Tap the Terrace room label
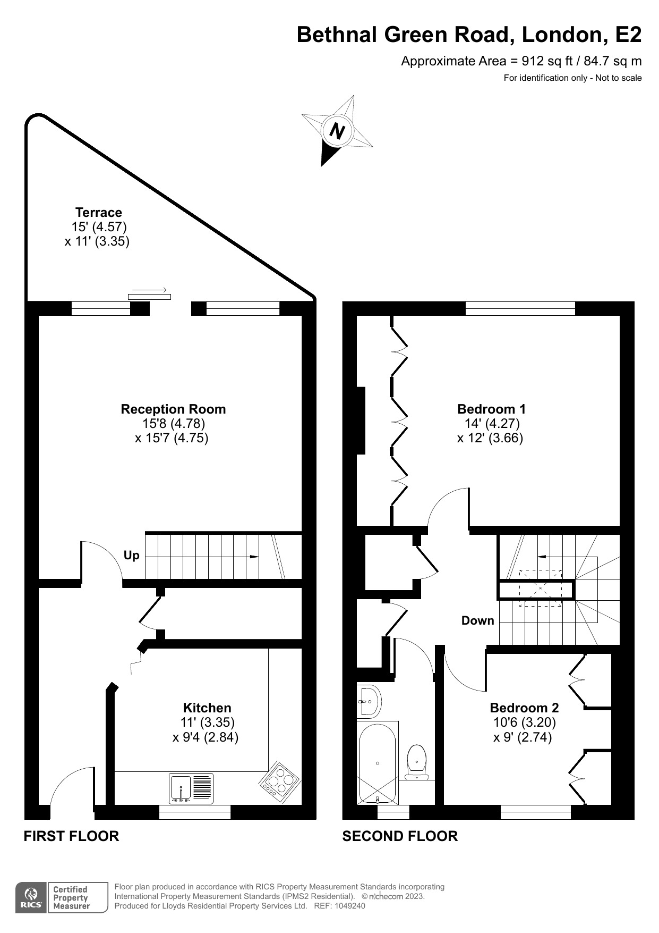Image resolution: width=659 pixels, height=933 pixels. (x=98, y=213)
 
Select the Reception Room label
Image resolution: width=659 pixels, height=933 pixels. (x=173, y=409)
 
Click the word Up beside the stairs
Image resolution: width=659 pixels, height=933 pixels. (x=131, y=555)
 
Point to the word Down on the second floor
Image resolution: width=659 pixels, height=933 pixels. (x=477, y=620)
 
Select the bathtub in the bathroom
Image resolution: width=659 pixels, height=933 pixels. (x=378, y=762)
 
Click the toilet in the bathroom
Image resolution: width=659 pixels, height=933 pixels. (x=417, y=760)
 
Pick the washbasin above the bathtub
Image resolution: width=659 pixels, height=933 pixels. (x=370, y=701)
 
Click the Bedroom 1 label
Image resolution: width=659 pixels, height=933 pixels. (x=491, y=409)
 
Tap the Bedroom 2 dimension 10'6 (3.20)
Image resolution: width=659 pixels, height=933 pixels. (x=524, y=722)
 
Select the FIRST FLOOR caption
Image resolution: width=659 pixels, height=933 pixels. (x=71, y=836)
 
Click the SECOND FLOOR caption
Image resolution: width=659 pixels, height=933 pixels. (x=399, y=836)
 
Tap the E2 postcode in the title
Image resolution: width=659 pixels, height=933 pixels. (x=628, y=35)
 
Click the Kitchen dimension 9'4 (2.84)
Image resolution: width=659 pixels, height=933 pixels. (x=205, y=737)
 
